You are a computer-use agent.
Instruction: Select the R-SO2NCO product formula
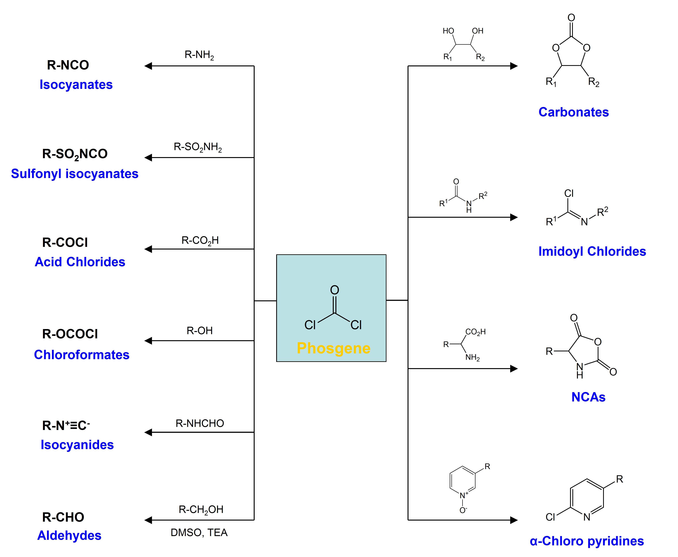tap(75, 154)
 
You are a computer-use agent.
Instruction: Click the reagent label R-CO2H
tap(200, 241)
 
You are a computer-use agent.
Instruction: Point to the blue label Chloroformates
tap(82, 355)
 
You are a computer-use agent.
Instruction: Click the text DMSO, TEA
tap(199, 533)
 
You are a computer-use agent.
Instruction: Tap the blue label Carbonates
tap(573, 112)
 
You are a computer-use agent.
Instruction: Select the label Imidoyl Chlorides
tap(592, 251)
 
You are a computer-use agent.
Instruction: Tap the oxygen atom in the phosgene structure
tap(334, 290)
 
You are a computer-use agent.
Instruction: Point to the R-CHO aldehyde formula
tap(63, 517)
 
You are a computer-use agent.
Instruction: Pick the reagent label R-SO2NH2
tap(198, 147)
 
